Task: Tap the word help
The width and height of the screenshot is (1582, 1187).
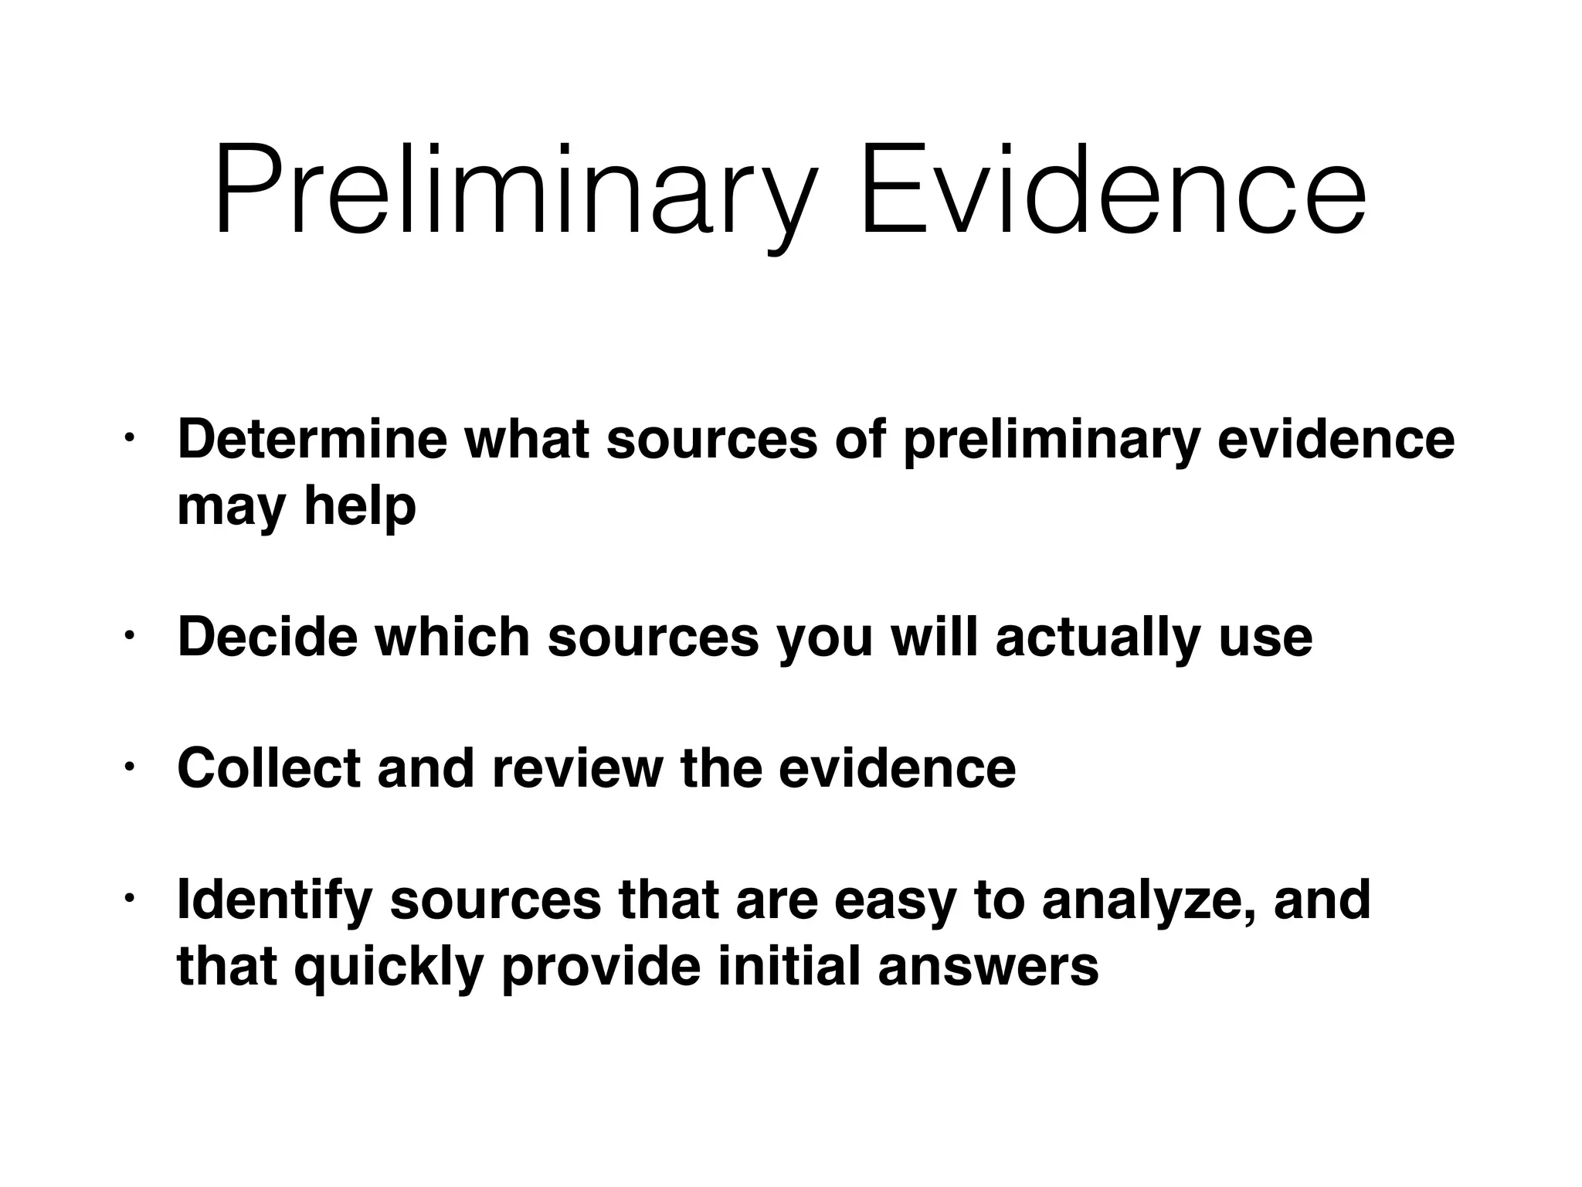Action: coord(360,506)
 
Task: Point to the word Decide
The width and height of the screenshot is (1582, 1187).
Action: coord(267,637)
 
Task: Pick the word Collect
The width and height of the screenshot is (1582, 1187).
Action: coord(269,768)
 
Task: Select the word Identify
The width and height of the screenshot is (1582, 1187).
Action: coord(275,901)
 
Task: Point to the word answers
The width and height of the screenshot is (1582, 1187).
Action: coord(988,968)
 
